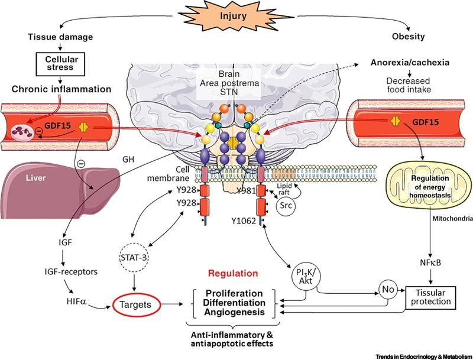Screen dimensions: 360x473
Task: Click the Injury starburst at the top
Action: (236, 18)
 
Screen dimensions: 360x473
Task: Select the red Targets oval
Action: (134, 306)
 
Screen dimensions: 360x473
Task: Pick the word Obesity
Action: (409, 37)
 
